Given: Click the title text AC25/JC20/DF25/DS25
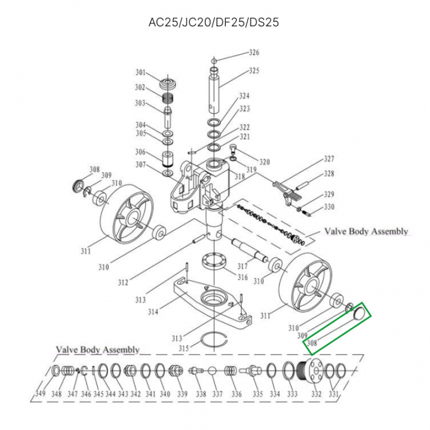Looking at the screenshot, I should (x=214, y=23).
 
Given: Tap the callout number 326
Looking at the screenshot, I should (x=254, y=53).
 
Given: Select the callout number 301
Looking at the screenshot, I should (x=140, y=73).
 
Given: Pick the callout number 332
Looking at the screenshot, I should (x=316, y=394).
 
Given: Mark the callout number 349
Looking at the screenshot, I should (x=41, y=394).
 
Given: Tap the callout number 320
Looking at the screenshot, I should (x=264, y=162).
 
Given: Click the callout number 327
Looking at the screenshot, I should (x=328, y=159).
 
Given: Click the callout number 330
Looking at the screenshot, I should (x=329, y=207).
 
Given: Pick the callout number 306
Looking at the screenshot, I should (x=140, y=152).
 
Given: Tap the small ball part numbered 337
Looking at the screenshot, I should (x=212, y=371).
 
